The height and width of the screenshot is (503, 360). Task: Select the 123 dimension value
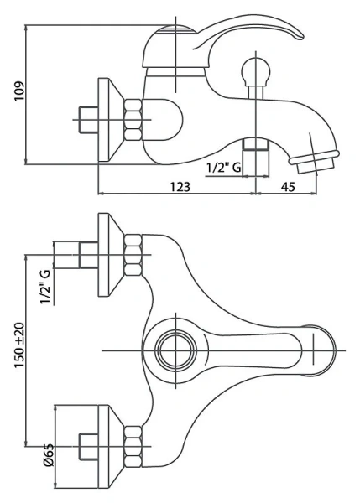[x=180, y=187]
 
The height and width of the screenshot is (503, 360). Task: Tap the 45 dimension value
[x=288, y=187]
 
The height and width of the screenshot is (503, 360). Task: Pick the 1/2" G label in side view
[x=223, y=168]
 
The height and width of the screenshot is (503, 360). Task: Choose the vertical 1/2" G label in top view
[x=45, y=287]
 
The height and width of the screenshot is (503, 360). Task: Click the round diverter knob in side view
[x=256, y=72]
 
